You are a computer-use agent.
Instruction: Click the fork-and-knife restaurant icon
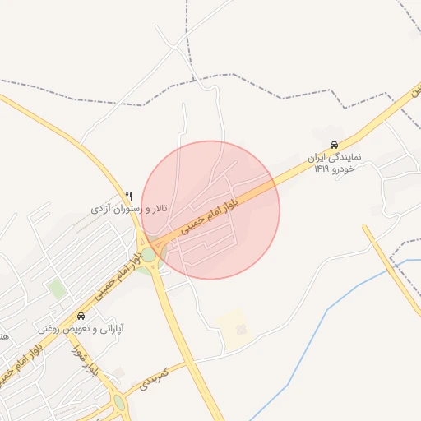pos(128,195)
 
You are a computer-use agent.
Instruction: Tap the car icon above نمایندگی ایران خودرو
pos(334,144)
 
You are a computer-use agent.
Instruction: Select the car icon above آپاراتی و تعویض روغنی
pos(81,316)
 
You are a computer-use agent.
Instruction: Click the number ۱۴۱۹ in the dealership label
pos(322,169)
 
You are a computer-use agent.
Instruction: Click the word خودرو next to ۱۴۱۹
pos(343,169)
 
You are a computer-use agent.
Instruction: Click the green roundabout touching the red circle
pos(149,254)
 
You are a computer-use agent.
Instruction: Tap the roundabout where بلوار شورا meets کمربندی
pos(120,403)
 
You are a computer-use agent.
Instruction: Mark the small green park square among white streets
pos(57,289)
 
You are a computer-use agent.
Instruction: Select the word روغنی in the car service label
pos(49,329)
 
